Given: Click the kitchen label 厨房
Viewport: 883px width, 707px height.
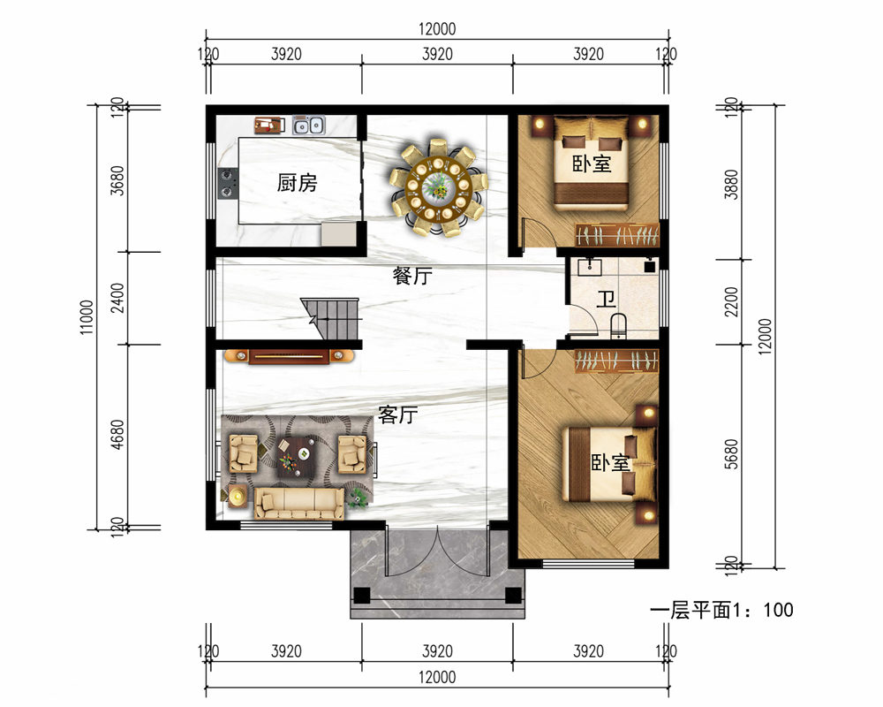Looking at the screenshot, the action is [x=297, y=182].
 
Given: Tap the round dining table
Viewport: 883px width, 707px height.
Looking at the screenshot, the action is [x=438, y=186].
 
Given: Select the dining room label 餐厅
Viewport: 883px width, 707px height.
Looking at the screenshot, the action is [x=412, y=276].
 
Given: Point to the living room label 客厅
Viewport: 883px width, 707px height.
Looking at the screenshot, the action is [x=397, y=415].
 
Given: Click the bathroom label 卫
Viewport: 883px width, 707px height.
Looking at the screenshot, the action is [x=606, y=299].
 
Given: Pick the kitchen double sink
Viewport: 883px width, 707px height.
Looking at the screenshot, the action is [x=308, y=125].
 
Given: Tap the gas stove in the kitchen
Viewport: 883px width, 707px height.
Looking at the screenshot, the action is [x=228, y=183].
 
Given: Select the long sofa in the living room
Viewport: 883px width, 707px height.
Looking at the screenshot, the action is [x=299, y=503].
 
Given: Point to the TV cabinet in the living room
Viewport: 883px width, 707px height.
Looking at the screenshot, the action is [x=289, y=356].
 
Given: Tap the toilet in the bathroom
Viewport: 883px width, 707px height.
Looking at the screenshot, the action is [x=618, y=325].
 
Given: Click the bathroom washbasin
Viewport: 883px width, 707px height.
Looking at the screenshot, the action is [x=589, y=266].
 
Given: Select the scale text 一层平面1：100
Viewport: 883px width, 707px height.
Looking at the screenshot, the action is [x=721, y=610].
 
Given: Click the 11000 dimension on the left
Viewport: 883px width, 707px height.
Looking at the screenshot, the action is [x=87, y=317].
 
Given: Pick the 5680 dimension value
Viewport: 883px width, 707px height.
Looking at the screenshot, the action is [x=731, y=454].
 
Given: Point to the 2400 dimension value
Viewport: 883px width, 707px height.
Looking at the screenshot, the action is [x=117, y=298].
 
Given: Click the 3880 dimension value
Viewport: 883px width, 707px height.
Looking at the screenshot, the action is [x=731, y=185].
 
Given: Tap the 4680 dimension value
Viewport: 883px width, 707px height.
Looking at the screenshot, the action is [x=117, y=435].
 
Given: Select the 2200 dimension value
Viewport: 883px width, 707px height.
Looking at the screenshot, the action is [x=731, y=301].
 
